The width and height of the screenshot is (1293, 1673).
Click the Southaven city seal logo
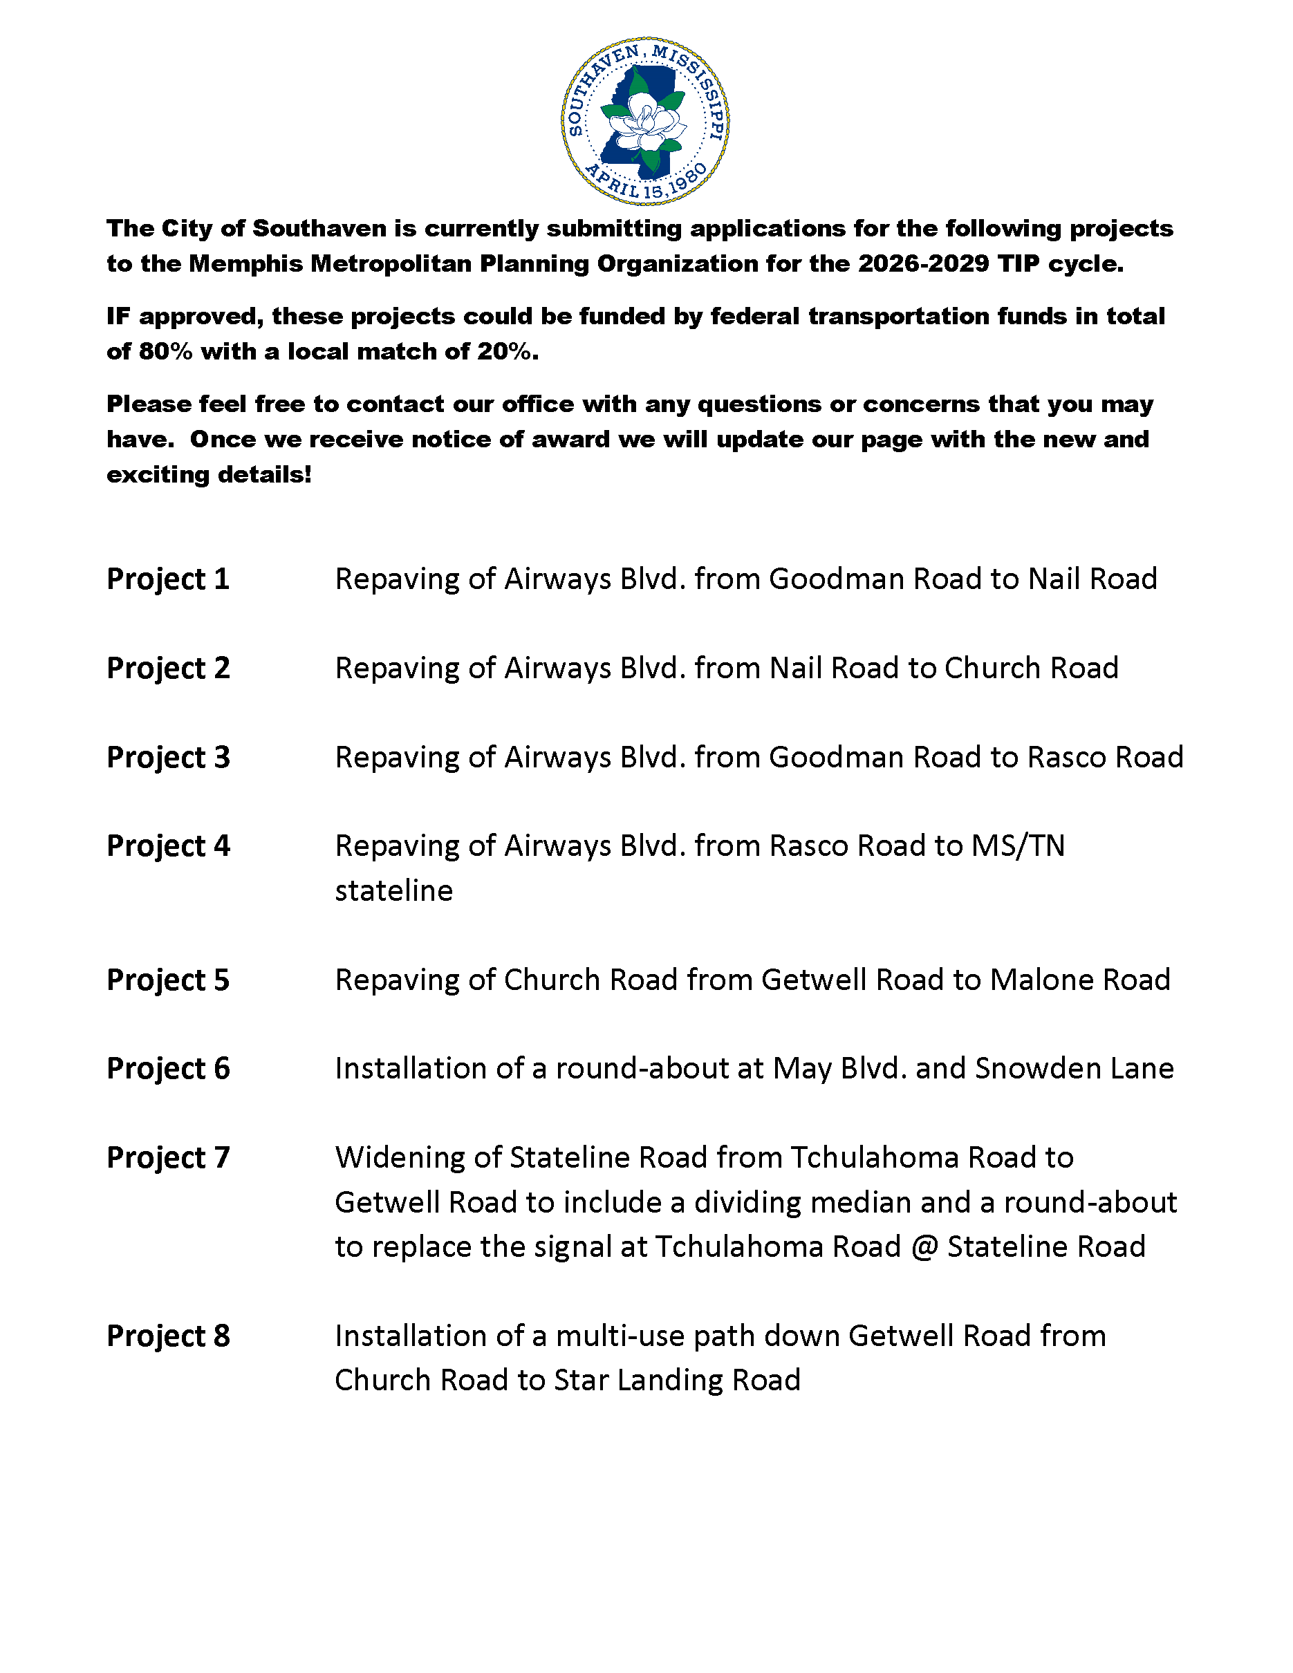tap(645, 120)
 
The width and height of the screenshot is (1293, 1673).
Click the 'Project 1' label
tap(168, 579)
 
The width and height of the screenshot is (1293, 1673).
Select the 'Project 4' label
tap(168, 845)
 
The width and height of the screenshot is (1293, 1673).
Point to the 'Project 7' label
tap(168, 1157)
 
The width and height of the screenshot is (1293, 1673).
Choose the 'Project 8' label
tap(168, 1336)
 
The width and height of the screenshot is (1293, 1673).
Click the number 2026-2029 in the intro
tap(923, 263)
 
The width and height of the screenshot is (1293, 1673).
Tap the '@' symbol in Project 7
tap(924, 1247)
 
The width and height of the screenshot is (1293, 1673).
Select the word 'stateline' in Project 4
tap(393, 891)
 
